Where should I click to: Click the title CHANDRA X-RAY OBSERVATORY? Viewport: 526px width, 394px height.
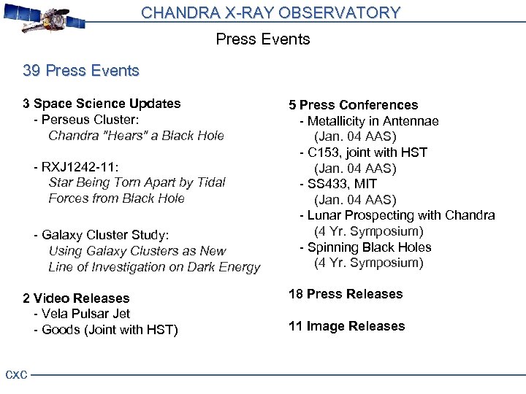tap(270, 12)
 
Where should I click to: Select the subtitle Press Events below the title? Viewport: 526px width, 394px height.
tap(263, 39)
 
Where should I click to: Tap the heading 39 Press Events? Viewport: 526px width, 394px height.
tap(81, 71)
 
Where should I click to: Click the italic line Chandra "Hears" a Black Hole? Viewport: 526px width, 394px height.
tap(136, 136)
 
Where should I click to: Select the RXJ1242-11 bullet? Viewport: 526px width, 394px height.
tap(76, 167)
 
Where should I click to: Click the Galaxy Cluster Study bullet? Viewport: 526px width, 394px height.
tap(101, 235)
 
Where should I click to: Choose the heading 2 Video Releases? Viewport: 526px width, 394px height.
tap(76, 298)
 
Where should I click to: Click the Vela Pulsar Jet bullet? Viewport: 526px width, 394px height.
tap(82, 314)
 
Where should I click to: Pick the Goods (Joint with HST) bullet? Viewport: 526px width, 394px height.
tap(105, 330)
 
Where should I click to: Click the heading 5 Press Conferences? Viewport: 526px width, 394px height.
tap(353, 105)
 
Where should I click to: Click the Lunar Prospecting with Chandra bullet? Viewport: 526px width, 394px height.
tap(397, 215)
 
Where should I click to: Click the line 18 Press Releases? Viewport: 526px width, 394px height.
tap(346, 294)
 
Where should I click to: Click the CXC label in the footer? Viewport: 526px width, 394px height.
tap(16, 375)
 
